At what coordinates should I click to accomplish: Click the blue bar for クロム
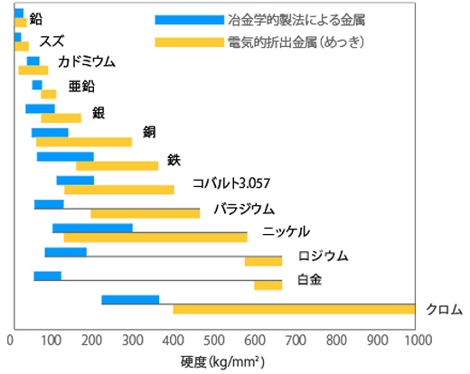click(130, 300)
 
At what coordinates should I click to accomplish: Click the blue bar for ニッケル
click(92, 228)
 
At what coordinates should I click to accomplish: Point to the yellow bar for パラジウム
click(145, 213)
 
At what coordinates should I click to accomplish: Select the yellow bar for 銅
click(84, 142)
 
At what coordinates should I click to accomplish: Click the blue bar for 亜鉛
click(37, 85)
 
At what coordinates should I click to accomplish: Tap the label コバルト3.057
click(231, 183)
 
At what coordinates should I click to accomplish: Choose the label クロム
click(444, 309)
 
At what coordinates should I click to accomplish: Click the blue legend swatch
click(189, 19)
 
